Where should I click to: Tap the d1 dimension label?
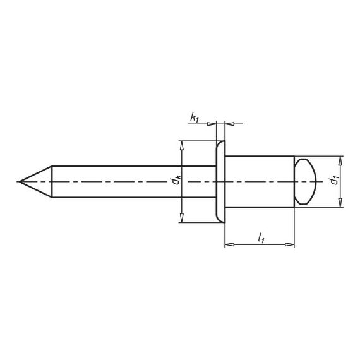pyautogui.click(x=333, y=181)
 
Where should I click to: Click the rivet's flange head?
pyautogui.click(x=220, y=182)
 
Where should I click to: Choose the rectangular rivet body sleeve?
pyautogui.click(x=259, y=182)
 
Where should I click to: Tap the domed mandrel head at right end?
pyautogui.click(x=306, y=182)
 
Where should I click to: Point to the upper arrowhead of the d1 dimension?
pyautogui.click(x=341, y=160)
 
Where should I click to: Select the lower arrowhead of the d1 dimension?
pyautogui.click(x=341, y=203)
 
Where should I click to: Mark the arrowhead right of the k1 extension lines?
pyautogui.click(x=229, y=123)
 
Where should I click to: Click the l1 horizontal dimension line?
pyautogui.click(x=260, y=244)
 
